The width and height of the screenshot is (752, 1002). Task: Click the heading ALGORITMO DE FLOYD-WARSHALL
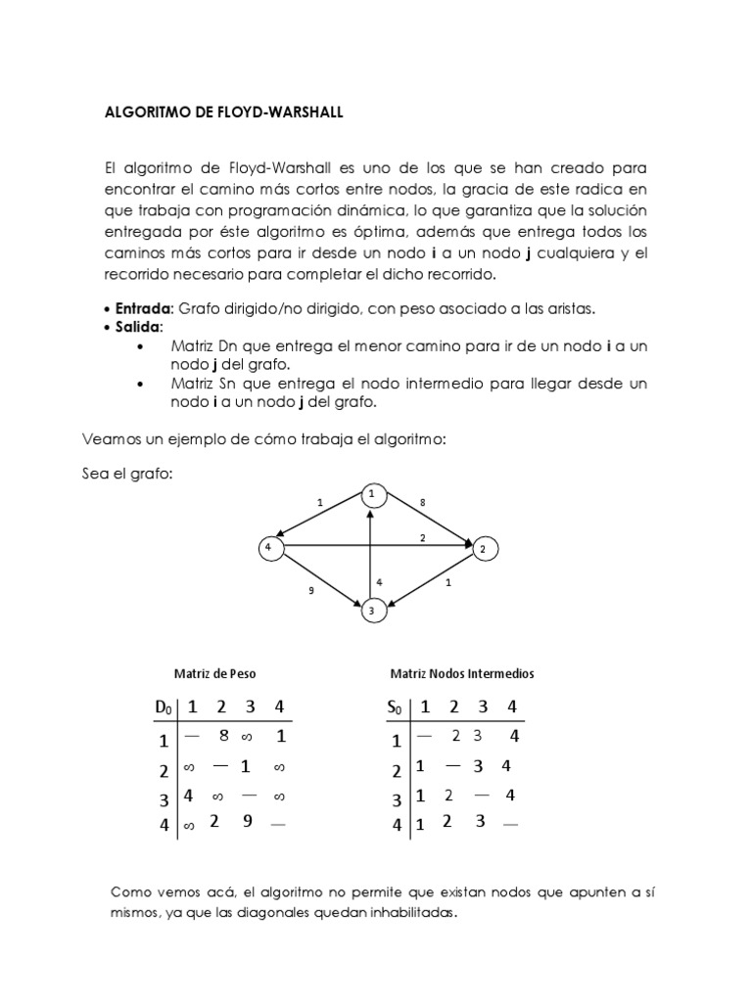[x=224, y=113]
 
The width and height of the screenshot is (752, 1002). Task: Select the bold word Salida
[x=135, y=326]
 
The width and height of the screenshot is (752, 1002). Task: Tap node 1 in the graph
[x=371, y=495]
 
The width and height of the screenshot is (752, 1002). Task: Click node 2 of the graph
[x=482, y=550]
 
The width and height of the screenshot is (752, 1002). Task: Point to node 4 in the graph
[x=266, y=548]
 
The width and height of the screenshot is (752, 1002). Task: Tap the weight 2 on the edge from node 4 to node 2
[x=422, y=538]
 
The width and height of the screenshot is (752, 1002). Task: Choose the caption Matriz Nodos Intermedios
[x=462, y=674]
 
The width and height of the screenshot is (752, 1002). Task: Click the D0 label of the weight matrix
[x=163, y=707]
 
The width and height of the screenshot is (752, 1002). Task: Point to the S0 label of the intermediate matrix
[x=394, y=707]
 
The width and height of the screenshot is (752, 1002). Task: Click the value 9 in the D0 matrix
[x=248, y=822]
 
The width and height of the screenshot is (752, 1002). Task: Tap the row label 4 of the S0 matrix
[x=396, y=825]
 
